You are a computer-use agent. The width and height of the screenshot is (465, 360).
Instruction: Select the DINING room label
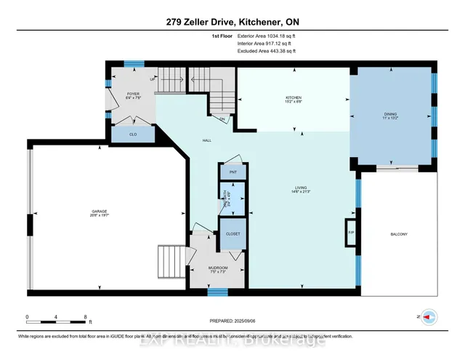click(392, 114)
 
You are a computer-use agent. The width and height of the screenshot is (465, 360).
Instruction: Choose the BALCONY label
click(398, 234)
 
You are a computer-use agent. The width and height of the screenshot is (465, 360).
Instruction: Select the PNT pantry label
click(233, 172)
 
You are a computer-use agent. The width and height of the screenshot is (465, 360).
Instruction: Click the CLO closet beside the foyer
click(133, 134)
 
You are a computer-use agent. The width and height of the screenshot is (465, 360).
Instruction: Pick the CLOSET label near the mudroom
click(233, 234)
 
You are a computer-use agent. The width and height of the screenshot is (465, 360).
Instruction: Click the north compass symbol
click(430, 318)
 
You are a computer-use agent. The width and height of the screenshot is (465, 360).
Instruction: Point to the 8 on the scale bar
click(86, 317)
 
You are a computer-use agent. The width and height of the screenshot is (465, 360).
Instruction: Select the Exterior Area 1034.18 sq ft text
click(267, 36)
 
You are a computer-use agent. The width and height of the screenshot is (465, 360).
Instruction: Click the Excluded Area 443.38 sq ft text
click(267, 52)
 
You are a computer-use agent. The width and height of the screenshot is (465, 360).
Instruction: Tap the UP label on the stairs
click(152, 79)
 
